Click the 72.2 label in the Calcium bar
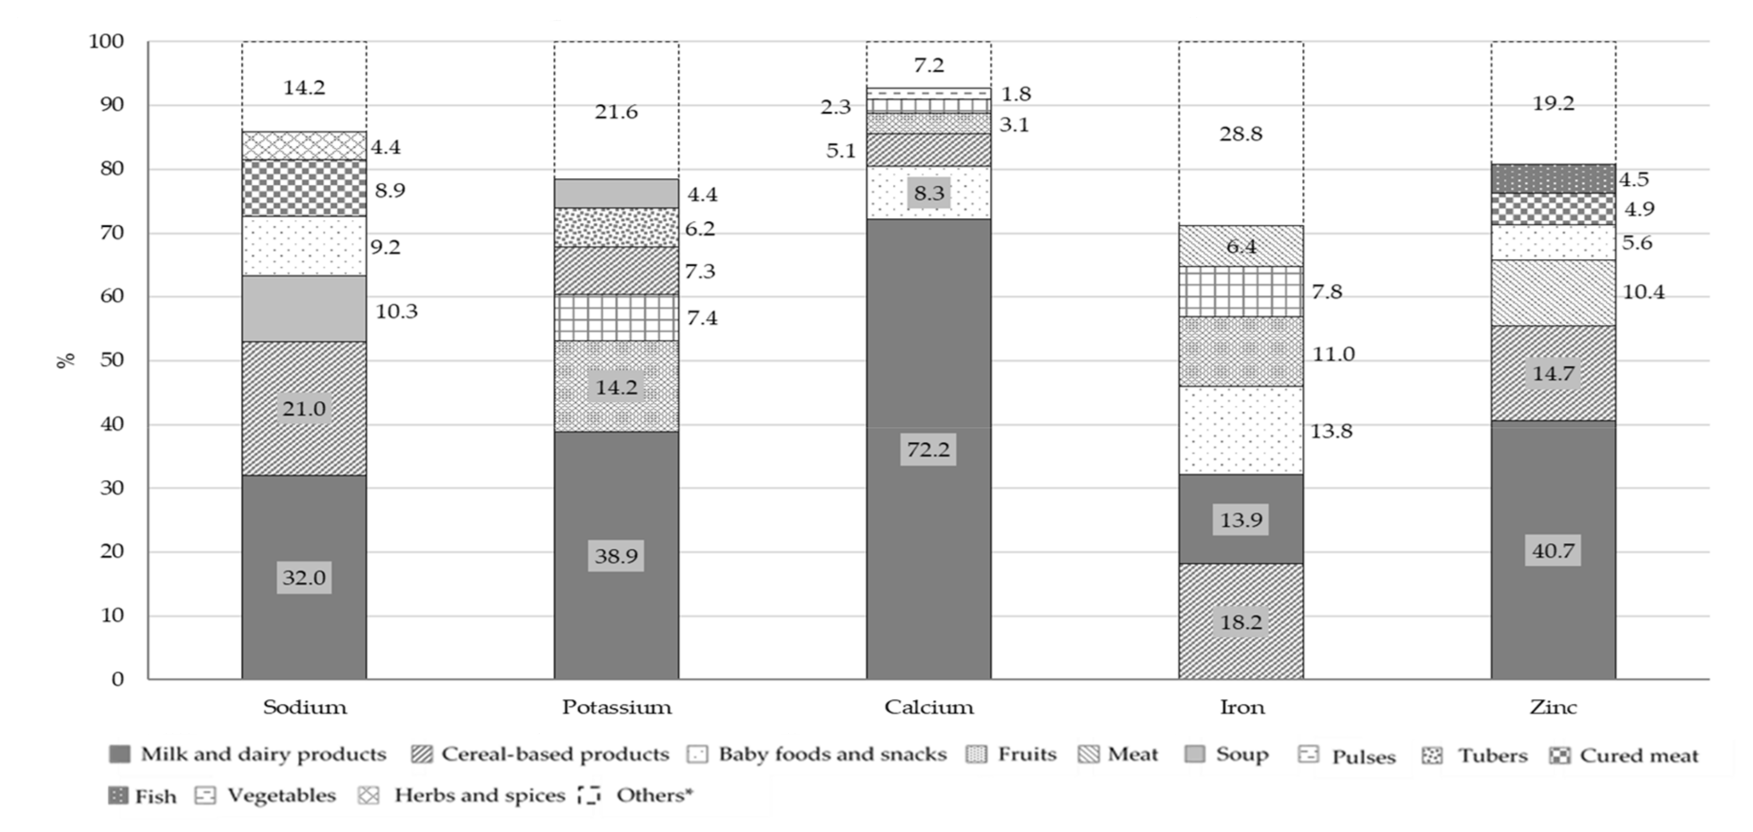(928, 449)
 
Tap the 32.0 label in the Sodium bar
(304, 577)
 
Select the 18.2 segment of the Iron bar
(1241, 621)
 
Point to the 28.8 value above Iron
(1241, 134)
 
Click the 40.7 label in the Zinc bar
(1553, 550)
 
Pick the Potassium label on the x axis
(617, 708)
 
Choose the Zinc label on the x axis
(1553, 708)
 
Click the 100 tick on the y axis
(107, 41)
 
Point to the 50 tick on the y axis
(112, 360)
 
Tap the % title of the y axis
(65, 360)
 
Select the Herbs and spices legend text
(480, 795)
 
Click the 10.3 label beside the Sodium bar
(396, 312)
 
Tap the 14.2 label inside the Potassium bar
(617, 387)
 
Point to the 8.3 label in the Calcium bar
(928, 193)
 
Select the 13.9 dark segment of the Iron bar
(1241, 519)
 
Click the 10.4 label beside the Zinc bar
(1643, 292)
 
